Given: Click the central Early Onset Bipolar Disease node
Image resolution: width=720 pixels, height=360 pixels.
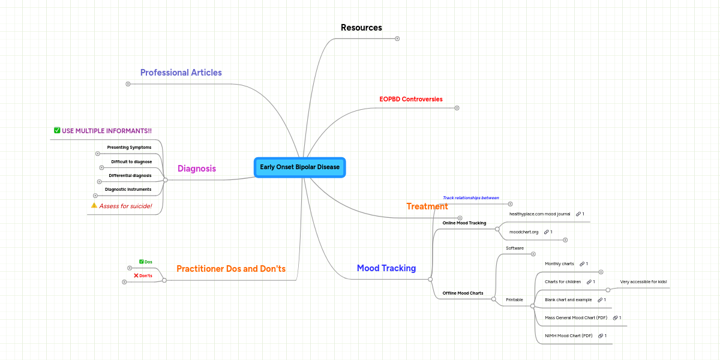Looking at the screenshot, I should point(300,167).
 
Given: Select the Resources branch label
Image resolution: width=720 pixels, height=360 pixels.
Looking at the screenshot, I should point(361,28).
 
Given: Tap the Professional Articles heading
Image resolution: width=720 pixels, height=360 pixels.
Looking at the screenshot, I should point(181,73).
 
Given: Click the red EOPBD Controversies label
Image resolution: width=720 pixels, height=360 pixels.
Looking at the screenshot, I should point(411,99).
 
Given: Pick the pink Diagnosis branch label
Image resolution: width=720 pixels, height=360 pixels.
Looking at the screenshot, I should point(196,169).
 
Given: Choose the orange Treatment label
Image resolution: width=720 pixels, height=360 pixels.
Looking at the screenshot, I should point(427,206).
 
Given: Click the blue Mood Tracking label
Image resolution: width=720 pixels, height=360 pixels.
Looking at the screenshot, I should point(386,268).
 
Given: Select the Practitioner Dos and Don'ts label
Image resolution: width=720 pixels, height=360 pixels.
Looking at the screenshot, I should point(230,269).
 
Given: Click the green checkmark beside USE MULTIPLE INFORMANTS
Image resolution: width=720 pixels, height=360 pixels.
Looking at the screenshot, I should point(57,130).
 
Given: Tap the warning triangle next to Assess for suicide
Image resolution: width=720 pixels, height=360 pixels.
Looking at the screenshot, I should point(94,205).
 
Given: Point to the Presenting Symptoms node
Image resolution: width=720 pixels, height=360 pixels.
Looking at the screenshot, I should point(129,147).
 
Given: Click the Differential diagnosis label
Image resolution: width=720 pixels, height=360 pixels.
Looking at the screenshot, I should point(130,176).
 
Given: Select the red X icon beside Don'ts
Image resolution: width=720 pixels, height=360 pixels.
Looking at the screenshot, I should point(136,275).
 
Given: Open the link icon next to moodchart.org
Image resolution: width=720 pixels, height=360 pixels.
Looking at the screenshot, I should point(546,232).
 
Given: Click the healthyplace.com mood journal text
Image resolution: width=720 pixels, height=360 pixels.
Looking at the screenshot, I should point(539,214).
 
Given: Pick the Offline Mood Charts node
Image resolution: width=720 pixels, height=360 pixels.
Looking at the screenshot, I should point(463,293).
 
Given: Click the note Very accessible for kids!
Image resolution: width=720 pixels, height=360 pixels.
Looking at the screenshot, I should point(643,281).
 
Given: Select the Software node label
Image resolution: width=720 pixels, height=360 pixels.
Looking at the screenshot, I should point(515,248).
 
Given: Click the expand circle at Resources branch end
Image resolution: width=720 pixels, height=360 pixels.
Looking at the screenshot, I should point(397,39).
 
